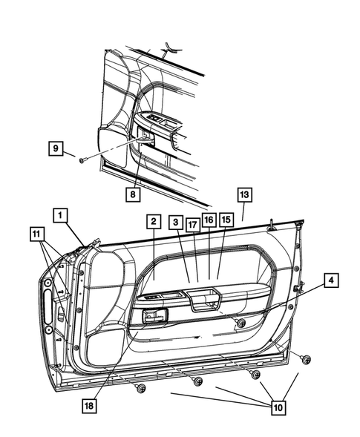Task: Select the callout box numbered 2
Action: tap(152, 222)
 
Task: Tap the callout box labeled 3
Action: tap(175, 222)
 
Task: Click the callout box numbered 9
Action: tap(56, 148)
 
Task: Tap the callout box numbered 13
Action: tap(244, 194)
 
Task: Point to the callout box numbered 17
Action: tap(192, 222)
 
